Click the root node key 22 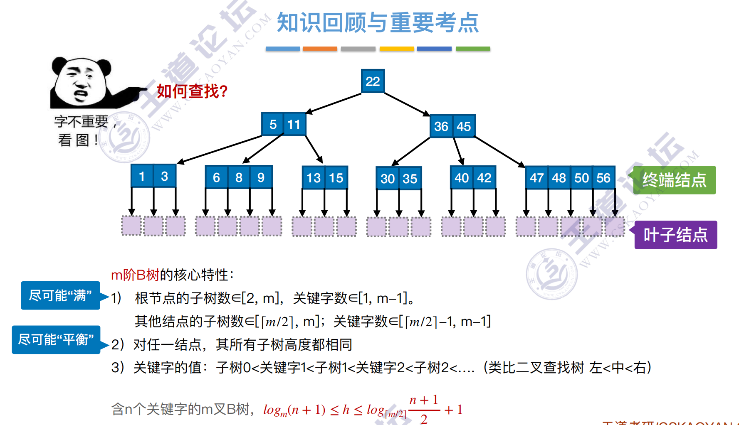pos(373,81)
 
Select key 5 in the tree pos(273,124)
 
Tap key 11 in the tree pos(294,124)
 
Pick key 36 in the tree pos(441,126)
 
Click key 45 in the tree pos(464,126)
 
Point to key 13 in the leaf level pos(313,178)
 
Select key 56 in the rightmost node pos(603,178)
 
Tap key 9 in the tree pos(261,177)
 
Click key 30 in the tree pos(387,179)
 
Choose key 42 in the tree pos(484,178)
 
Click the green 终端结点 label pos(674,180)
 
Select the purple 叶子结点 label pos(675,235)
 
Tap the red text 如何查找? pos(192,91)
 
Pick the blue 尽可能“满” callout pos(60,296)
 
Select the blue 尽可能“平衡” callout pos(56,340)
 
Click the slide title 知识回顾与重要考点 pos(378,23)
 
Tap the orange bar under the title pos(320,49)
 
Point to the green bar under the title pos(473,49)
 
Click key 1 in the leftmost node pos(142,176)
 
